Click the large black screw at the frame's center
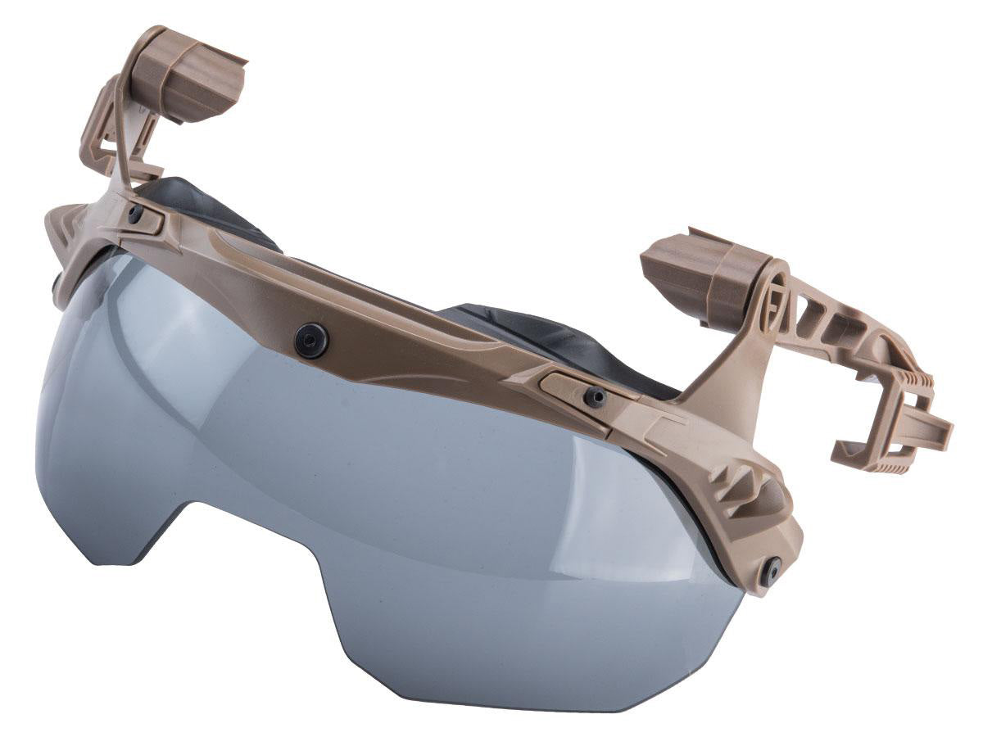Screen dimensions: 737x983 tap(313, 335)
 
